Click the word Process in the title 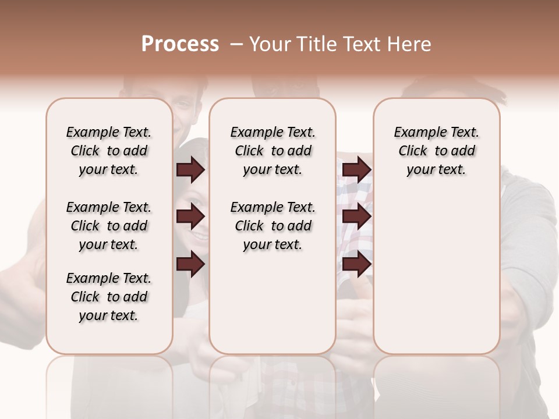pos(180,44)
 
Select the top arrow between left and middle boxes pos(190,170)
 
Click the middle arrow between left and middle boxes pos(190,217)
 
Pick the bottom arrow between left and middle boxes pos(190,265)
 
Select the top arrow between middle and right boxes pos(356,170)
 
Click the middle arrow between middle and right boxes pos(356,217)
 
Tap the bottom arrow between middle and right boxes pos(356,265)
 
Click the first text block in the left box pos(109,151)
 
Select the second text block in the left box pos(109,226)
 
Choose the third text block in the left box pos(109,297)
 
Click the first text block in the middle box pos(273,151)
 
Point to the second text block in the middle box pos(273,226)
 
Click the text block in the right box pos(436,151)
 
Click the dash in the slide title pos(236,44)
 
